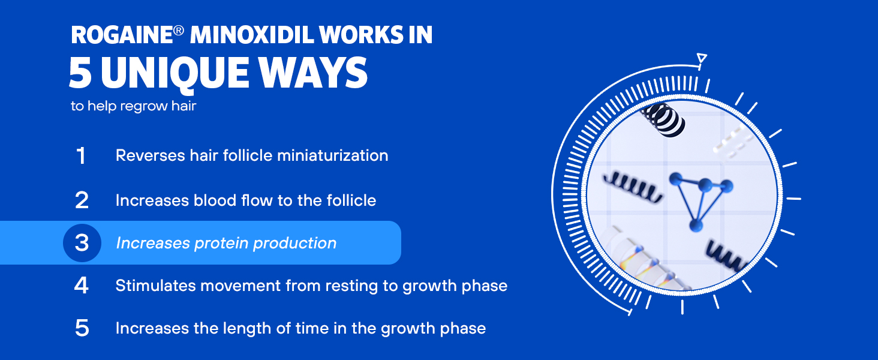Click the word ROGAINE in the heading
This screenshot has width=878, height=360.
122,35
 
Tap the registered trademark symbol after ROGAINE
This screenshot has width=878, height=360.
178,31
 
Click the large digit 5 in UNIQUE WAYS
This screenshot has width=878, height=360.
80,73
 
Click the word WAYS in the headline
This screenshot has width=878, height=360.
313,73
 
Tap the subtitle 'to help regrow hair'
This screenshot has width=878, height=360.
133,106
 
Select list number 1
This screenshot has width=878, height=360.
81,155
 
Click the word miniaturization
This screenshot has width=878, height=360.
332,155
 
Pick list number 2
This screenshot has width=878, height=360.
82,200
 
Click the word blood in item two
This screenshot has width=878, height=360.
215,200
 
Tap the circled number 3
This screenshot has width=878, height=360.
82,243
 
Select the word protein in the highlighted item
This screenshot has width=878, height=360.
221,244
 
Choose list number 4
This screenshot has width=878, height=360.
81,286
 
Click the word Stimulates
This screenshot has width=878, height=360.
155,286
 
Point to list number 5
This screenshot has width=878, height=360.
82,328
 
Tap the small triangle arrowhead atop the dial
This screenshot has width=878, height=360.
702,58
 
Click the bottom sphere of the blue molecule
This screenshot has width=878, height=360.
696,225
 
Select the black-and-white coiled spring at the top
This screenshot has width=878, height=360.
664,119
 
